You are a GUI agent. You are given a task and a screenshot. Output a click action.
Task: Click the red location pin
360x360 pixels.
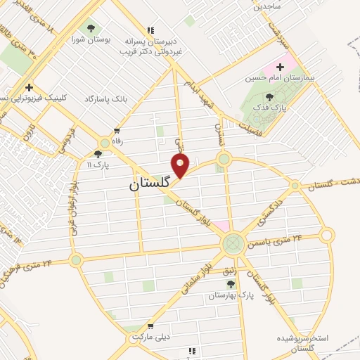click(x=181, y=165)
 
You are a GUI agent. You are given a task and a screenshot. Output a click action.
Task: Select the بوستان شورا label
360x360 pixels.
click(x=90, y=39)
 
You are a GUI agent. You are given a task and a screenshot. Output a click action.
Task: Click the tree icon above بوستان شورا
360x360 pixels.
click(x=90, y=28)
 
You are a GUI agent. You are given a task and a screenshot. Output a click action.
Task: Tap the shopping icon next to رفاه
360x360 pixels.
click(x=117, y=131)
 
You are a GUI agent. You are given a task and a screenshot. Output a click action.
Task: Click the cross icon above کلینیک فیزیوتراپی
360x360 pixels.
click(x=29, y=87)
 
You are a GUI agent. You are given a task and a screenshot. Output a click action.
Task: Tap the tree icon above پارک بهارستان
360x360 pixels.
click(x=231, y=284)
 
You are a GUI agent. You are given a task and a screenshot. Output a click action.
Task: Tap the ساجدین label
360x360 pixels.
click(x=268, y=6)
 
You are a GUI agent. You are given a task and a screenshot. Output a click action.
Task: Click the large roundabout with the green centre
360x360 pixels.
click(x=232, y=245)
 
